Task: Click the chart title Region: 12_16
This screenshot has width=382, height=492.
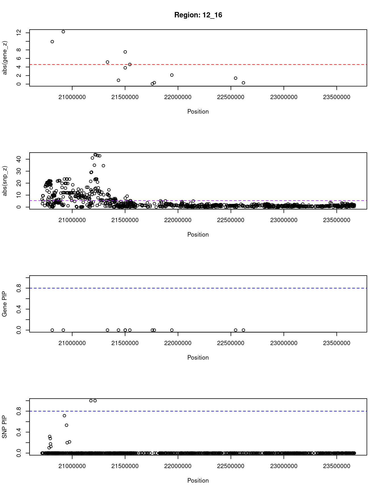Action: point(198,15)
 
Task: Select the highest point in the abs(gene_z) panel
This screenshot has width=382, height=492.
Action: point(63,32)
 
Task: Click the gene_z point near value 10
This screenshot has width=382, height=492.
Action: point(52,42)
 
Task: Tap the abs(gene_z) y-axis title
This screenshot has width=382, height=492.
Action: point(5,58)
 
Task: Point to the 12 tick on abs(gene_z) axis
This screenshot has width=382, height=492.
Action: point(19,33)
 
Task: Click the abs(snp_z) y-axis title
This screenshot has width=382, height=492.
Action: point(5,181)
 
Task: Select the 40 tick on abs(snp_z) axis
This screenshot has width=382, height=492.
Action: point(19,159)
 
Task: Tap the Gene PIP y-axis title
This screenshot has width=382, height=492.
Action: point(5,304)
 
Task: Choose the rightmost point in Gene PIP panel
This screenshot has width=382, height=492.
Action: point(243,330)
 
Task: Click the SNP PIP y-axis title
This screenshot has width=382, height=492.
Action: point(5,427)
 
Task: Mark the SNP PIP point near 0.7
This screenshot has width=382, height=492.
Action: point(65,416)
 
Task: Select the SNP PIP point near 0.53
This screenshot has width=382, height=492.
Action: point(67,425)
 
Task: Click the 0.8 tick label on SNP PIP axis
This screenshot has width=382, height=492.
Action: point(19,411)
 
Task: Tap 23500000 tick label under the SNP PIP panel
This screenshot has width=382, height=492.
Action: point(337,466)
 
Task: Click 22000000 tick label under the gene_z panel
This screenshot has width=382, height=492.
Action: point(178,97)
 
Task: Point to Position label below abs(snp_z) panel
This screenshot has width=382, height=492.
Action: point(198,235)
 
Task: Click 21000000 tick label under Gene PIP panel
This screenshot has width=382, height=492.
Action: point(72,343)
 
